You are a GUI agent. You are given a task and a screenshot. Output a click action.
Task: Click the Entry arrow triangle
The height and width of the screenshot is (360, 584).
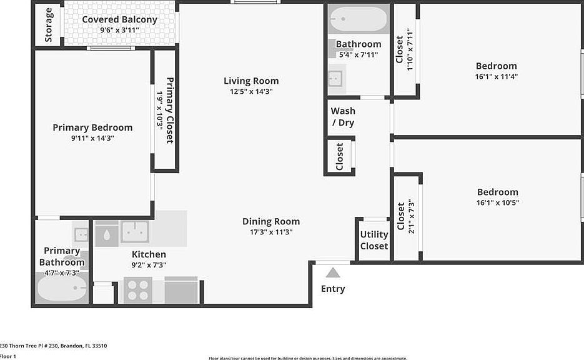pyautogui.click(x=333, y=272)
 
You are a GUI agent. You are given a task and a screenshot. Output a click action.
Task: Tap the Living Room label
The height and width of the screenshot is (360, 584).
pyautogui.click(x=251, y=81)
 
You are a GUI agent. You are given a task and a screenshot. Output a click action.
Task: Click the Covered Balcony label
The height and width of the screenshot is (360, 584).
pyautogui.click(x=119, y=19)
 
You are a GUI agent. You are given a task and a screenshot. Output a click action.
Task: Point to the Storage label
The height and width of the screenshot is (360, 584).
pyautogui.click(x=49, y=24)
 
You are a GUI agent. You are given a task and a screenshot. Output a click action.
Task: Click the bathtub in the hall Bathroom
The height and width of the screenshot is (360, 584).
pyautogui.click(x=358, y=19)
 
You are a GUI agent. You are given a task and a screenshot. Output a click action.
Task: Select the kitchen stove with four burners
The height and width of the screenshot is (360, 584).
pyautogui.click(x=137, y=290)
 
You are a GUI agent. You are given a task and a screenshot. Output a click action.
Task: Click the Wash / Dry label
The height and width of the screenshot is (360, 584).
pyautogui.click(x=343, y=117)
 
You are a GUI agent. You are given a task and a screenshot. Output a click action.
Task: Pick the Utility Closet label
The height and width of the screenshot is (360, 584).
pyautogui.click(x=374, y=240)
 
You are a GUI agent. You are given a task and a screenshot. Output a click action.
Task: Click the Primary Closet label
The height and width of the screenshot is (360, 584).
pyautogui.click(x=169, y=110)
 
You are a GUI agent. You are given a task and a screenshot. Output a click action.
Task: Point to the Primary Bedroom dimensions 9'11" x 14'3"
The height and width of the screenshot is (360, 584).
pyautogui.click(x=92, y=138)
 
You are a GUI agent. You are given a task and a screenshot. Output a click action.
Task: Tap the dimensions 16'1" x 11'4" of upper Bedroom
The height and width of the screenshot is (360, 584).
pyautogui.click(x=497, y=77)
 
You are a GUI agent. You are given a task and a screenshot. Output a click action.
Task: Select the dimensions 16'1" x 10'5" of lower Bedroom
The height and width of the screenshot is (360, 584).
pyautogui.click(x=498, y=202)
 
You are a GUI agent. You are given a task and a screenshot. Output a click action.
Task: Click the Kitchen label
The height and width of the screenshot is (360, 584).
pyautogui.click(x=149, y=254)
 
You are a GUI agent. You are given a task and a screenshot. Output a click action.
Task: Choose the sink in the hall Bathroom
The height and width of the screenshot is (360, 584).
pyautogui.click(x=335, y=79)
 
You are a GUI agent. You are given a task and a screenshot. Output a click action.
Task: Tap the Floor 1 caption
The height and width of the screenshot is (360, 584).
pyautogui.click(x=8, y=356)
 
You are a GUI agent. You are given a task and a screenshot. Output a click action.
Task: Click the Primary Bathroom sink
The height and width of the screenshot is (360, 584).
pyautogui.click(x=81, y=235)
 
